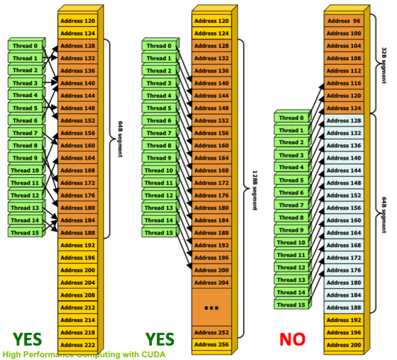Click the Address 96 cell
(x=344, y=21)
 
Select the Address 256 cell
(x=212, y=345)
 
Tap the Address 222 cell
(x=78, y=345)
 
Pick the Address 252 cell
(x=212, y=332)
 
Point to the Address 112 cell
(x=344, y=71)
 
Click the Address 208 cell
(x=78, y=295)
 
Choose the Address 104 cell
(x=344, y=46)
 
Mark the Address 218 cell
(x=78, y=332)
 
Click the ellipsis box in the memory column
(x=212, y=307)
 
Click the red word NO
(x=292, y=339)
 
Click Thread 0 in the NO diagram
(x=291, y=118)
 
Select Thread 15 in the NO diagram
(x=291, y=305)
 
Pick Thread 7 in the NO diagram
(x=291, y=205)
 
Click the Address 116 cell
(x=344, y=83)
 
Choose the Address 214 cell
(x=78, y=320)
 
